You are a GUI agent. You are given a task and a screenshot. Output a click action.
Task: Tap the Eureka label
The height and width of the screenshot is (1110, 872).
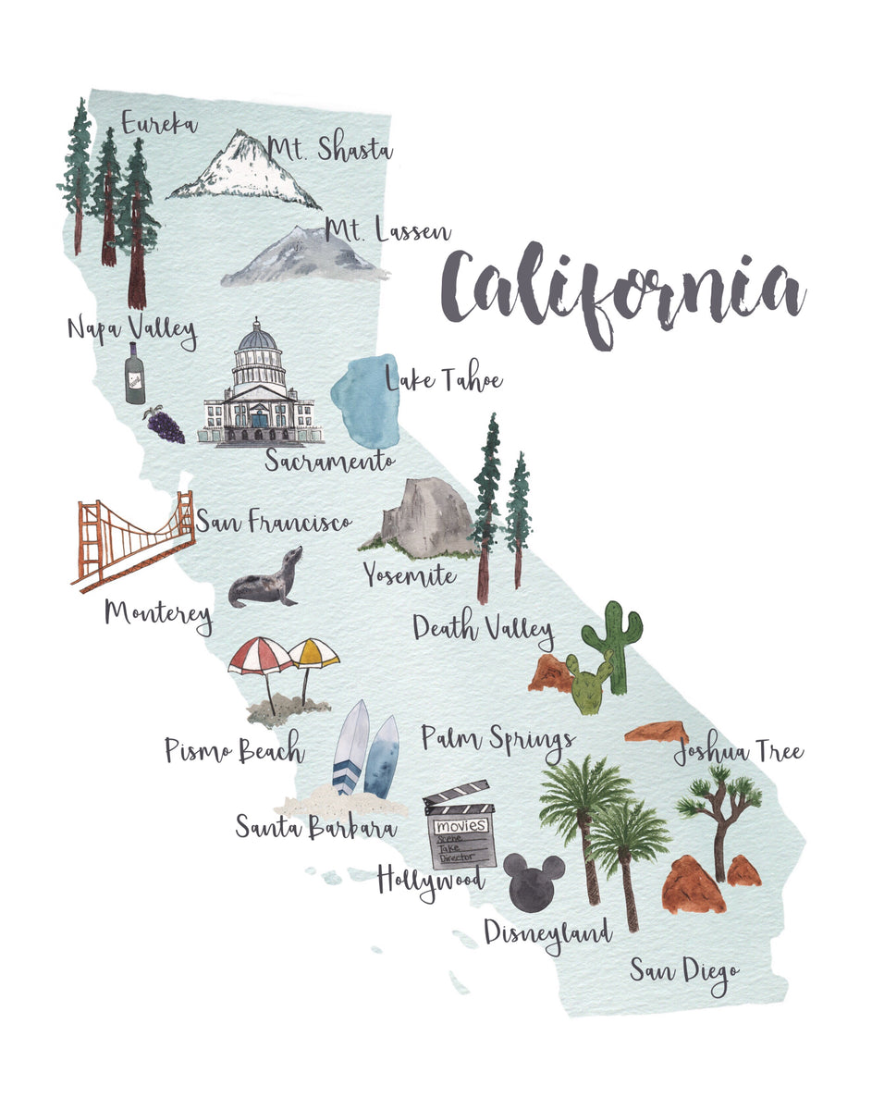[158, 122]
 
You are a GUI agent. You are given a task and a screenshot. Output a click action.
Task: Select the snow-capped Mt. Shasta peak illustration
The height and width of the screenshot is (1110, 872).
[244, 171]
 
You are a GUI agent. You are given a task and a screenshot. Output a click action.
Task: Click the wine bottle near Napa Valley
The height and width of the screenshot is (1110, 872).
[135, 374]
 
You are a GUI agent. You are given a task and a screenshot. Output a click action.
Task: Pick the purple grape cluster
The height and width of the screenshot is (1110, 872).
[166, 425]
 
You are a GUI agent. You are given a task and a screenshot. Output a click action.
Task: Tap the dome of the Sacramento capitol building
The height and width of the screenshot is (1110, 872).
[258, 339]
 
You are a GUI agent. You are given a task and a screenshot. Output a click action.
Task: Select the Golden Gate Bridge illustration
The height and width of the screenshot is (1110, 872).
[134, 541]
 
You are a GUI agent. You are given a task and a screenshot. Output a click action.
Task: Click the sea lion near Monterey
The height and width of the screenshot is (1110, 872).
[267, 581]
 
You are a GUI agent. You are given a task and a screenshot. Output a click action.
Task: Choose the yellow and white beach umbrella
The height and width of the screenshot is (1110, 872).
[313, 653]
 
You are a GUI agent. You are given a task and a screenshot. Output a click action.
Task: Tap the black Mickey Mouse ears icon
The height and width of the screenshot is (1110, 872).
[534, 883]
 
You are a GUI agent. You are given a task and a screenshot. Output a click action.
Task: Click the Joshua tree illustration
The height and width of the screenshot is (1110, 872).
[719, 814]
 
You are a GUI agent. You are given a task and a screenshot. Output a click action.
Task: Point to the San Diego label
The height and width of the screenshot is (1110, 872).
[685, 972]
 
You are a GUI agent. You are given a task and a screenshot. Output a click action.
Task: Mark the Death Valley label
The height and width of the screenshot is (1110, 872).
[483, 629]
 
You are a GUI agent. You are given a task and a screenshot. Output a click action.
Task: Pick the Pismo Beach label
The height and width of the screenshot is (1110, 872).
[234, 750]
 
